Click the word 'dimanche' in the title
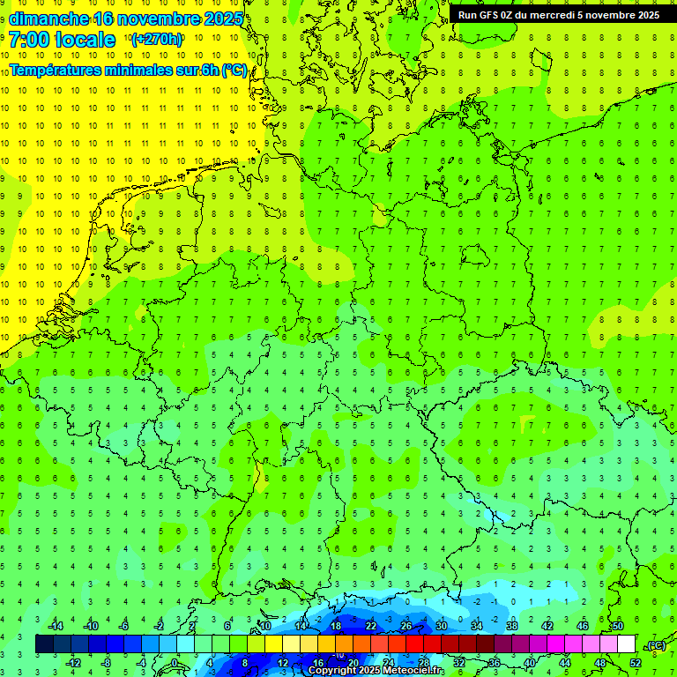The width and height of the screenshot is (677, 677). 48,19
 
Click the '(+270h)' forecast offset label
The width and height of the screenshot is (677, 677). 156,40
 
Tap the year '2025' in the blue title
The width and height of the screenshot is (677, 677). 217,19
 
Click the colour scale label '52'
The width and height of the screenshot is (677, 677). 636,663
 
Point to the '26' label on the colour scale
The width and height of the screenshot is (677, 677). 406,626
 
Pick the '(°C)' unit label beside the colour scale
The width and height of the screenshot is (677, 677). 656,645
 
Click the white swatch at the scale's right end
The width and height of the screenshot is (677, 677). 626,644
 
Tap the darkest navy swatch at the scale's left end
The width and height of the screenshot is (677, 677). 44,644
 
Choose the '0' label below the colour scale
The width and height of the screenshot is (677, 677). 175,663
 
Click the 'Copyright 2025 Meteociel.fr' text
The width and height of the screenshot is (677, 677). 376,671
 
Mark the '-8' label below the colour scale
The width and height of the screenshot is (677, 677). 107,663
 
